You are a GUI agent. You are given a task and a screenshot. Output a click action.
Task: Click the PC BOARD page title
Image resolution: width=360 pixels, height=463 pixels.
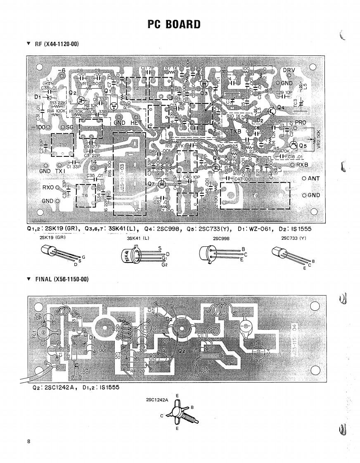click(173, 24)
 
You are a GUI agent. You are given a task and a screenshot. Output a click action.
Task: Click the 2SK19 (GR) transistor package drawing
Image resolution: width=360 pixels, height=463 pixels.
click(52, 252)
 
